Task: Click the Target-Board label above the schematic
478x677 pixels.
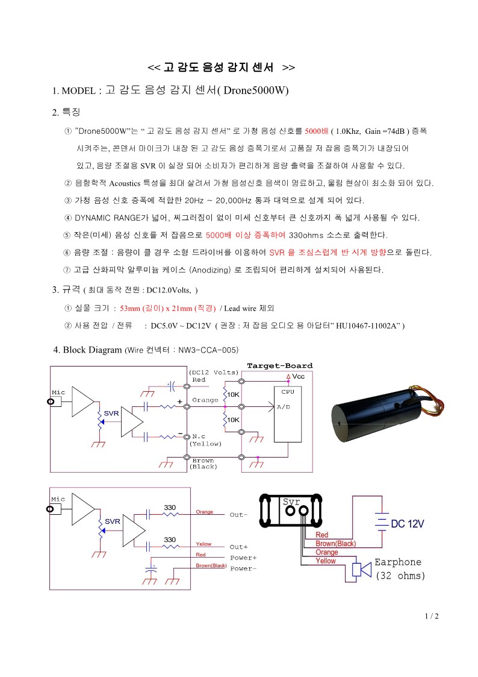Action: click(280, 366)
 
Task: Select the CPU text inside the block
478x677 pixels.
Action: click(288, 392)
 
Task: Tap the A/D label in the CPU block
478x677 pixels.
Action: click(284, 407)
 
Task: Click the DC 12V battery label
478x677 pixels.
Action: click(408, 524)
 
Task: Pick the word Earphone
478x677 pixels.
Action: click(398, 562)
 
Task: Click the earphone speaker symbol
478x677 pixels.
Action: click(362, 570)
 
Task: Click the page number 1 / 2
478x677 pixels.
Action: click(432, 616)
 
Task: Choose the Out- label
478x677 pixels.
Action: click(238, 515)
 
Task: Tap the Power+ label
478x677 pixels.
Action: click(243, 558)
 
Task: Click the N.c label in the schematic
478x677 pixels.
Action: click(199, 436)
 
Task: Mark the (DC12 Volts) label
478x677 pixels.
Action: click(213, 372)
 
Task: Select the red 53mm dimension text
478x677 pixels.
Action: click(130, 308)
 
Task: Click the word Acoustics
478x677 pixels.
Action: click(125, 183)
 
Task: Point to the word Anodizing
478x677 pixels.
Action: click(211, 270)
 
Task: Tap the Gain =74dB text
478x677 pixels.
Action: click(385, 131)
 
